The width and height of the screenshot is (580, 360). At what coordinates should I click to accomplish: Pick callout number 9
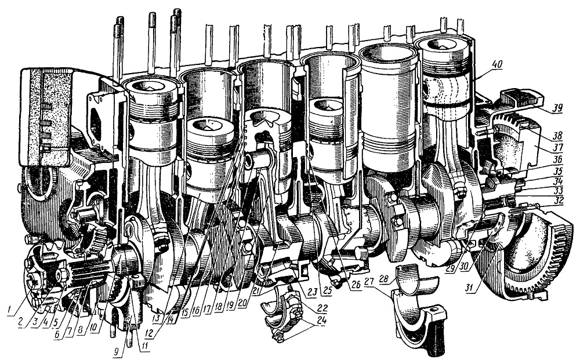pos(117,352)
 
